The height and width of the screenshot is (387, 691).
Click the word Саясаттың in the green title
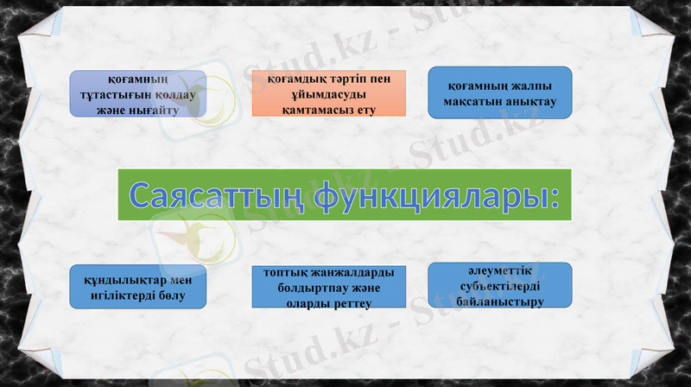[216, 196]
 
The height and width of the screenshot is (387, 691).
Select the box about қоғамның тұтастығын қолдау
[137, 93]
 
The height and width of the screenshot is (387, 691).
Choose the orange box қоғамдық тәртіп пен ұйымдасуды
[317, 93]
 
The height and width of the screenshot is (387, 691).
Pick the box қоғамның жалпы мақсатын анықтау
[500, 92]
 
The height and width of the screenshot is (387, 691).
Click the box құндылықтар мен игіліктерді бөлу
[137, 287]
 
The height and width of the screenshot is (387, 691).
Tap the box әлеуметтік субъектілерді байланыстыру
[500, 285]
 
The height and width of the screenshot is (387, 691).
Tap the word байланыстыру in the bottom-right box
[500, 302]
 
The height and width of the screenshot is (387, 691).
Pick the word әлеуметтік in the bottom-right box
[500, 270]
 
